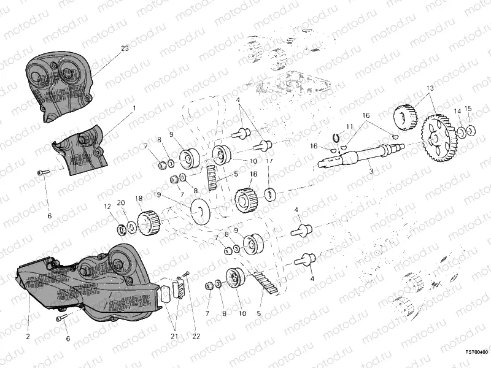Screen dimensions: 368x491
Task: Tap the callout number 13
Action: [430, 89]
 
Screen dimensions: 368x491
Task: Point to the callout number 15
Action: [468, 109]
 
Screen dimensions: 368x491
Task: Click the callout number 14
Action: [457, 111]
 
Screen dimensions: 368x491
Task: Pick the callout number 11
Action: [349, 126]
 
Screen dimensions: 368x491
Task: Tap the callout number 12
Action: [107, 206]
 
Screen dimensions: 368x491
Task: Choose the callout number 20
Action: [120, 203]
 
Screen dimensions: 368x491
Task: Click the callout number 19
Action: [157, 195]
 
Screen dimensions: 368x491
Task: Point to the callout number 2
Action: [28, 336]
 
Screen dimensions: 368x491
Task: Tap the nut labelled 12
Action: [122, 230]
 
